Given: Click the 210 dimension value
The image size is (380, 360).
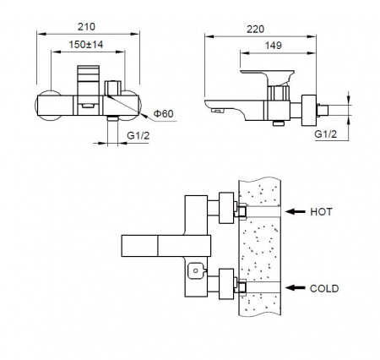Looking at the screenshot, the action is pyautogui.click(x=86, y=27).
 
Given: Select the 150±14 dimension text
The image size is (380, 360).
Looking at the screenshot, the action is pyautogui.click(x=86, y=45).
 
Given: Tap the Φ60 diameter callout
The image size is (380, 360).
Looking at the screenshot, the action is pyautogui.click(x=163, y=114).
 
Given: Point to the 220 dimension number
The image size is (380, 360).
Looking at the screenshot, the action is pyautogui.click(x=256, y=29).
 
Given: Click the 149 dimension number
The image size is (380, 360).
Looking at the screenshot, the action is pyautogui.click(x=273, y=46).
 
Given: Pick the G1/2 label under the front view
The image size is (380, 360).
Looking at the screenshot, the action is pyautogui.click(x=138, y=135).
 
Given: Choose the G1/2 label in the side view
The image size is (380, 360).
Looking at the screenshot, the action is pyautogui.click(x=326, y=134).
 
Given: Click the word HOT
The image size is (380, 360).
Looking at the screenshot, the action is pyautogui.click(x=321, y=212).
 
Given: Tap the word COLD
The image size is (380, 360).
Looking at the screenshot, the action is pyautogui.click(x=324, y=288).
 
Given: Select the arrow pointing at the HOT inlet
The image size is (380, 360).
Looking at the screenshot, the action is pyautogui.click(x=296, y=211).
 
